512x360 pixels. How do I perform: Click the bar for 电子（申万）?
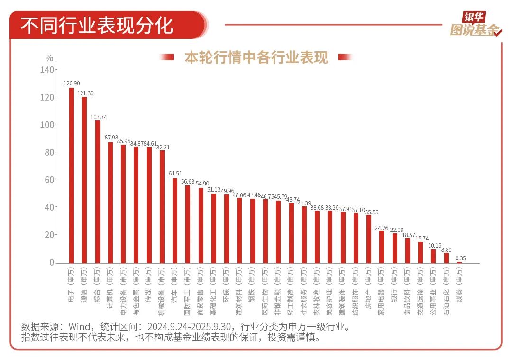pyautogui.click(x=72, y=175)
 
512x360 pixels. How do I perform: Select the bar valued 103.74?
pyautogui.click(x=98, y=192)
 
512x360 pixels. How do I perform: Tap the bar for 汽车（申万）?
pyautogui.click(x=175, y=221)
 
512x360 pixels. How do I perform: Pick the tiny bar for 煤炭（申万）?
pyautogui.click(x=459, y=262)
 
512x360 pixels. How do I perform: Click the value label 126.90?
pyautogui.click(x=72, y=83)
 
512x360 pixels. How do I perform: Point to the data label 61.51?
pyautogui.click(x=175, y=174)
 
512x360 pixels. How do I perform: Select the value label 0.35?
pyautogui.click(x=460, y=258)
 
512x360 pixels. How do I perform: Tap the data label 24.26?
pyautogui.click(x=382, y=228)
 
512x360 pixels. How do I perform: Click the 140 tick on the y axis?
pyautogui.click(x=47, y=70)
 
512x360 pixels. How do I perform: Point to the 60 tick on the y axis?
pyautogui.click(x=49, y=180)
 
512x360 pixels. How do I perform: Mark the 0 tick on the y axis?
pyautogui.click(x=52, y=263)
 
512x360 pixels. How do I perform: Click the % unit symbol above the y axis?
pyautogui.click(x=49, y=58)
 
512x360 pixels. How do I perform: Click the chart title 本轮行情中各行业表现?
pyautogui.click(x=256, y=57)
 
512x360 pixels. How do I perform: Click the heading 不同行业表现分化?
pyautogui.click(x=97, y=25)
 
